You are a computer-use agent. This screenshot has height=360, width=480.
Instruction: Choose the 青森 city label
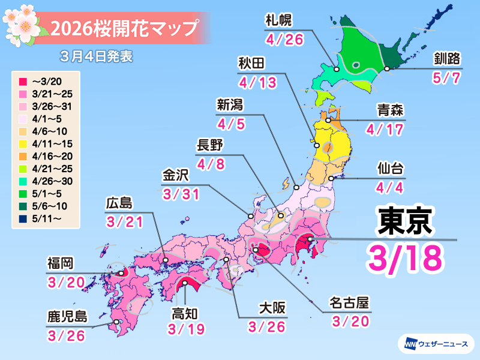click(x=390, y=110)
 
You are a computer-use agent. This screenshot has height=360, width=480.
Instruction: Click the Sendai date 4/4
click(x=391, y=187)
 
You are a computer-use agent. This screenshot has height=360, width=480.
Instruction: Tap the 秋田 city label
click(x=251, y=64)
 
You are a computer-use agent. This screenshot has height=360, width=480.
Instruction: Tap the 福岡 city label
click(x=62, y=263)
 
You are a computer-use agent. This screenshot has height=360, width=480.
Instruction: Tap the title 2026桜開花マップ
click(x=124, y=28)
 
